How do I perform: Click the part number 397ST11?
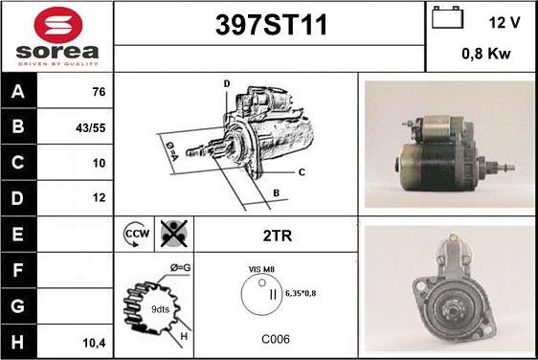coord(271,25)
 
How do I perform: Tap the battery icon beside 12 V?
coord(447,17)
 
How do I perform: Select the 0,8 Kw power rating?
coord(486,54)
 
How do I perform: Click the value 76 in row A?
coord(99,92)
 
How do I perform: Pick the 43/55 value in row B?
coord(91,128)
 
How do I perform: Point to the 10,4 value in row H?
coord(95,343)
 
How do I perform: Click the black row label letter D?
coord(17,198)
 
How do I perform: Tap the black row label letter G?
coord(17,305)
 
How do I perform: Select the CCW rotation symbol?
coord(136,235)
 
